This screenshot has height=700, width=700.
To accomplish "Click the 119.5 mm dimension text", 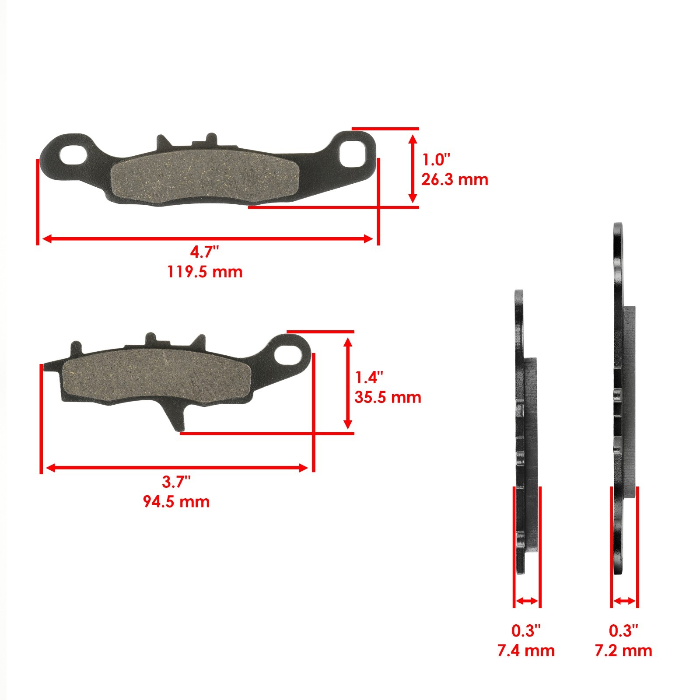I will (204, 272).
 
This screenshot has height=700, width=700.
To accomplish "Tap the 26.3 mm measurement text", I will (454, 179).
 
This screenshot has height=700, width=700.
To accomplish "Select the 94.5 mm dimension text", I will (176, 501).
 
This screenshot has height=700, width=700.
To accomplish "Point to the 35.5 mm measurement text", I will (388, 397).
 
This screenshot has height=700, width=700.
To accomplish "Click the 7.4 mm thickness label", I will (526, 651).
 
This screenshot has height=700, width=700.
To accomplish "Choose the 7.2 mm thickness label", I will (623, 651).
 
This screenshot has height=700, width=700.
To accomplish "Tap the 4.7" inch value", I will (204, 252).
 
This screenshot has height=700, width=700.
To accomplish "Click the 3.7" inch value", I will (176, 482).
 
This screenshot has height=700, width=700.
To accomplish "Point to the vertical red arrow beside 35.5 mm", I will (348, 383).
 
